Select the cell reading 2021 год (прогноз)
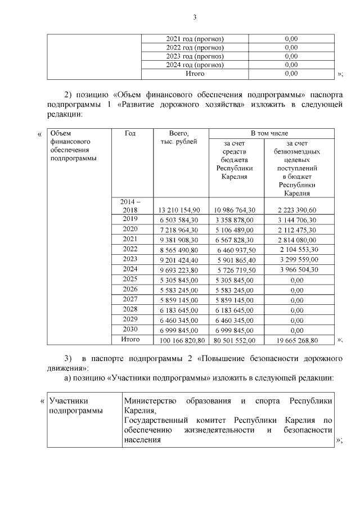click(195, 38)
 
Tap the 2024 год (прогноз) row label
click(195, 65)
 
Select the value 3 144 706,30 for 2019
click(297, 219)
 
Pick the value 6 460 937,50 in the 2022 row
click(236, 249)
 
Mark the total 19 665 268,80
click(297, 340)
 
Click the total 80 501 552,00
click(236, 340)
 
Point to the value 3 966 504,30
click(297, 269)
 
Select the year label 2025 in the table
click(130, 279)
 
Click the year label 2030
click(130, 330)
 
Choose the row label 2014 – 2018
click(130, 205)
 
